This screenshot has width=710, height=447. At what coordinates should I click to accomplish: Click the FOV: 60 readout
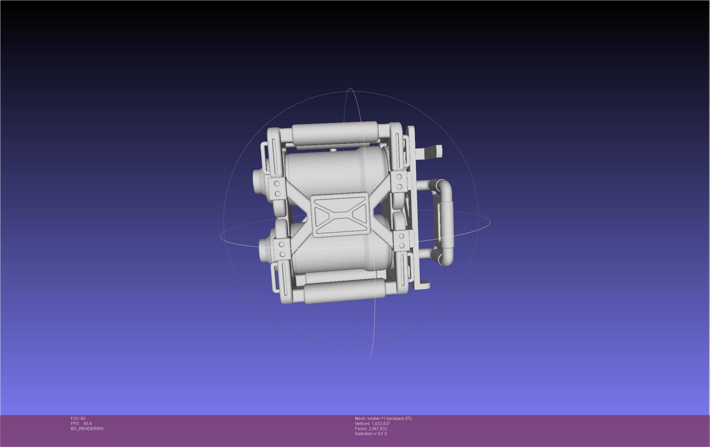click(x=78, y=419)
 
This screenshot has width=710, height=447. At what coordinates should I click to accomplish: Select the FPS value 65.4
click(x=87, y=424)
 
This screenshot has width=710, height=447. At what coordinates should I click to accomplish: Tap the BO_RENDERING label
click(x=87, y=429)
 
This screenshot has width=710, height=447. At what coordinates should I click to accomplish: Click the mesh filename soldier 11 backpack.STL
click(x=390, y=419)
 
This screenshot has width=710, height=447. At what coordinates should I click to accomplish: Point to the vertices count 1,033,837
click(x=380, y=424)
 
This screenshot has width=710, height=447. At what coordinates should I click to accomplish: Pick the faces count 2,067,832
click(x=378, y=429)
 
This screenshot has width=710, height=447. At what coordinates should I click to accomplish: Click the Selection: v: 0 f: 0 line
click(x=371, y=434)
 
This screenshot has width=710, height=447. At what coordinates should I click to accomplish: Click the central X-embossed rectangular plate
click(x=341, y=215)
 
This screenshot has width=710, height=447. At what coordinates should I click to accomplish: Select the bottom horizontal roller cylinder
click(x=344, y=291)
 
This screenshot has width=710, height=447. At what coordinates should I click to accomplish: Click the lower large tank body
click(x=342, y=257)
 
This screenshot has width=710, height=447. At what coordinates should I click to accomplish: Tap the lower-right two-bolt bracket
click(x=402, y=240)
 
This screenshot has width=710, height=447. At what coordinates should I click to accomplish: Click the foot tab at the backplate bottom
click(x=425, y=285)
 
